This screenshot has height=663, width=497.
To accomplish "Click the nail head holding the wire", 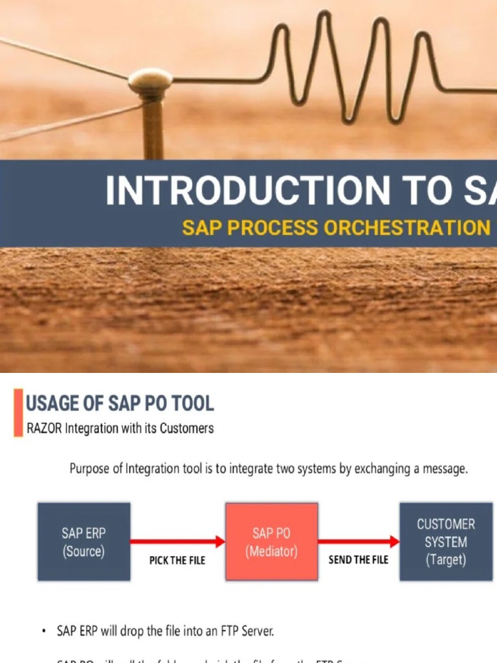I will coord(150,82).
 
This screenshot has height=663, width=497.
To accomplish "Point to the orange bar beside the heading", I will coord(18,412).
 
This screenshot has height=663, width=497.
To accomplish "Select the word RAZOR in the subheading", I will coord(44,428).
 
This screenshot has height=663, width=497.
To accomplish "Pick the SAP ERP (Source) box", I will coord(83,542).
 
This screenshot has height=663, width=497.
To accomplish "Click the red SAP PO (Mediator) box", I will coord(271,542).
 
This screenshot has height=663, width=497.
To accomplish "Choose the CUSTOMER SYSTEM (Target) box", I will coord(446,542).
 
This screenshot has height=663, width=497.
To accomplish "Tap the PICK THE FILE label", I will coord(177,561).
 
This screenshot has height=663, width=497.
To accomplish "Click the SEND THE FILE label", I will coord(359,559).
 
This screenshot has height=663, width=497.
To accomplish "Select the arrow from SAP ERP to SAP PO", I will coord(177,541).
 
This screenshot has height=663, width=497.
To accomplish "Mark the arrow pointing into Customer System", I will coord(359,541).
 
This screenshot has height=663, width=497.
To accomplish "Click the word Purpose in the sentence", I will coord(91,469).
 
